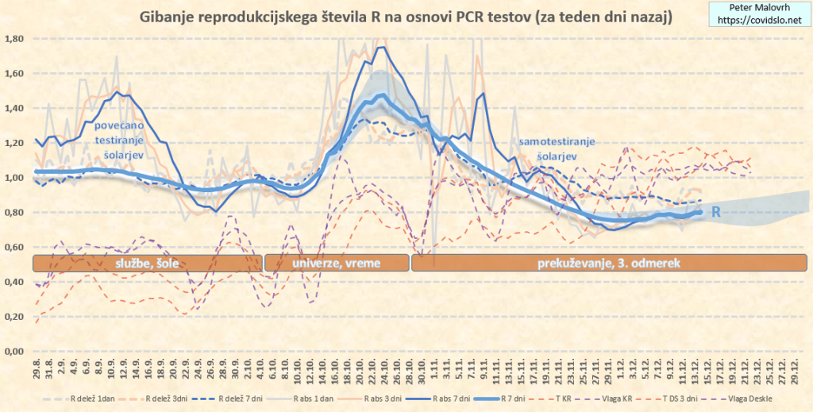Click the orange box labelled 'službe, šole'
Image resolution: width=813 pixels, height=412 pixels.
147,263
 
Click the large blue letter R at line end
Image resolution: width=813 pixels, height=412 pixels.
715,212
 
